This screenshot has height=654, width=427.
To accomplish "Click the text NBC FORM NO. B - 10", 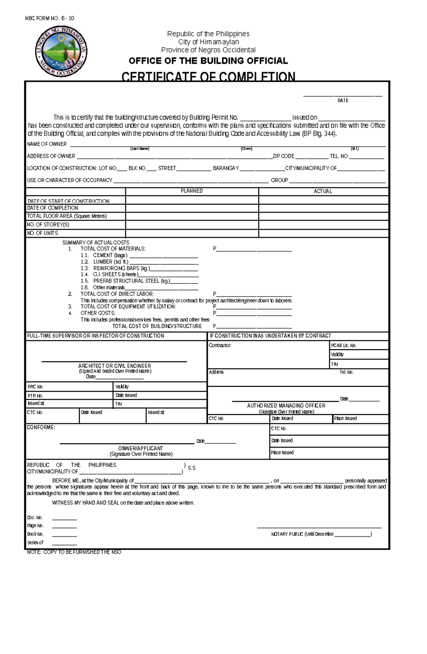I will pyautogui.click(x=49, y=19).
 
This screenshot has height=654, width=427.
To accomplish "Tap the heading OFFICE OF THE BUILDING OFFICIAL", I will pyautogui.click(x=208, y=61).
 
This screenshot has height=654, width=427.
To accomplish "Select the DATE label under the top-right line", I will pyautogui.click(x=343, y=101).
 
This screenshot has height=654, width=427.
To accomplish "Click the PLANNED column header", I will pyautogui.click(x=192, y=191).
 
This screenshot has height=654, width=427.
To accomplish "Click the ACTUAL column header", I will pyautogui.click(x=323, y=191).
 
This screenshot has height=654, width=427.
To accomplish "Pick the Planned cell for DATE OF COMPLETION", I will pyautogui.click(x=192, y=208).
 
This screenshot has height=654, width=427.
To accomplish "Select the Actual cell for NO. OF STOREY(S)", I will pyautogui.click(x=323, y=225).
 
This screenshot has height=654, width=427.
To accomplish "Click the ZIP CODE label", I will pyautogui.click(x=283, y=156).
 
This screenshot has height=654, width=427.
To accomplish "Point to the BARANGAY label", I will pyautogui.click(x=226, y=168).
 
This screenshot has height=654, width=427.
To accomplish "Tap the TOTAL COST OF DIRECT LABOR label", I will pyautogui.click(x=117, y=294).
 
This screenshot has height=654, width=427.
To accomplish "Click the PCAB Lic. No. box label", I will pyautogui.click(x=343, y=345).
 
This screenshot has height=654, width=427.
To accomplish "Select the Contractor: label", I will pyautogui.click(x=220, y=345).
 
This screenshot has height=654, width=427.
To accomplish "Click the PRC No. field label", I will pyautogui.click(x=36, y=387).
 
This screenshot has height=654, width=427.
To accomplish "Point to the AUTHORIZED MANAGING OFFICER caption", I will pyautogui.click(x=286, y=406).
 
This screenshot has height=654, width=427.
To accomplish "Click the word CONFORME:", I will pyautogui.click(x=41, y=427).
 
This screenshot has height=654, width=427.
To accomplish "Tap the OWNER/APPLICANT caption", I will pyautogui.click(x=141, y=448).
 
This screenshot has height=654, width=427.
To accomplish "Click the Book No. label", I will pyautogui.click(x=35, y=534).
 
